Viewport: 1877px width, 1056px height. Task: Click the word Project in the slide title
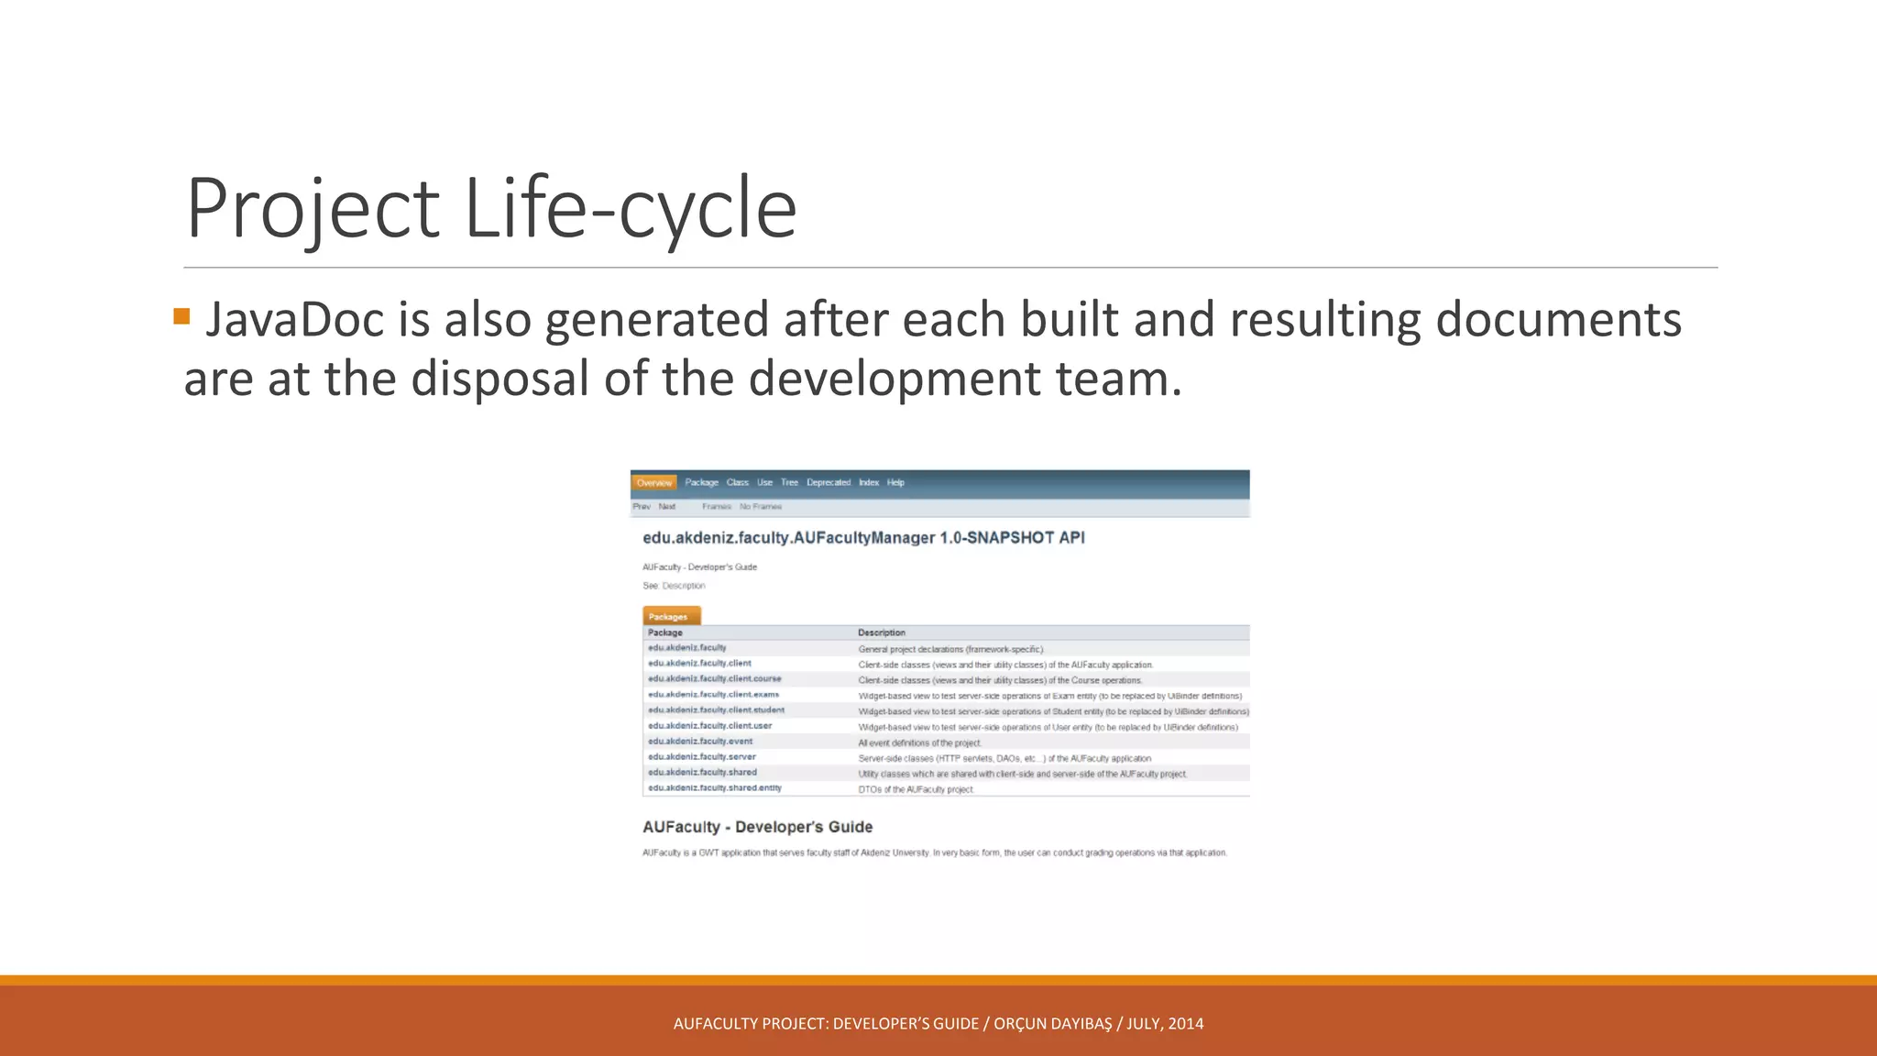point(313,209)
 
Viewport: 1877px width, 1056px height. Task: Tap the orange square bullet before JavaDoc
point(181,317)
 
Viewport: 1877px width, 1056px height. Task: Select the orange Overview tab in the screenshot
point(654,482)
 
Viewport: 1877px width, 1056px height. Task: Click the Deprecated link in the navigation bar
point(829,482)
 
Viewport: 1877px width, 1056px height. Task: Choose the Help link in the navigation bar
point(895,482)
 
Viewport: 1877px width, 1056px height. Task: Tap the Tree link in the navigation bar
point(789,482)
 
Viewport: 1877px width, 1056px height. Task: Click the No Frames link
point(761,506)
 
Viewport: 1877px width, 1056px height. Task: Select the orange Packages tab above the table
point(671,616)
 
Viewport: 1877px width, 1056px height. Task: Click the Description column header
point(881,632)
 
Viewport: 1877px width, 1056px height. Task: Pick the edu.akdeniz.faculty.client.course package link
point(715,678)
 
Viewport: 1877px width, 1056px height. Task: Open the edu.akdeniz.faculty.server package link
point(702,756)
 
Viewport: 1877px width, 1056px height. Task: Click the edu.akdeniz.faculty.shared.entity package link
point(715,787)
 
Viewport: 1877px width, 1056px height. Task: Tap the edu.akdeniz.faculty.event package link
point(700,741)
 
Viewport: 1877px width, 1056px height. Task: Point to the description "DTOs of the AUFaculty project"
point(916,789)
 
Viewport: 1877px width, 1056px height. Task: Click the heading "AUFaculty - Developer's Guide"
point(757,827)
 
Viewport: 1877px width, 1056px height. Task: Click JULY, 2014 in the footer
point(1165,1024)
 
